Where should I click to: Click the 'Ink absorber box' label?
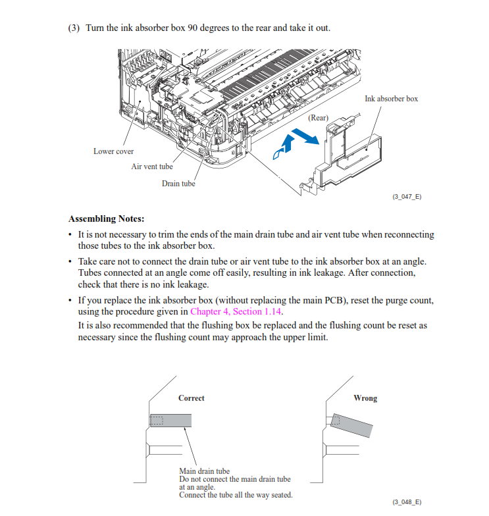coord(391,99)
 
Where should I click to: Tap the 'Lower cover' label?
coord(113,151)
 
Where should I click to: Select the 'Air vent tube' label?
coord(151,167)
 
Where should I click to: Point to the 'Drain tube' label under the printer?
coord(178,184)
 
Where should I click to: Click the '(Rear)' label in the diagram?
coord(318,117)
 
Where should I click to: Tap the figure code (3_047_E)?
coord(407,197)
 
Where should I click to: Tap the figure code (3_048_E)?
coord(407,502)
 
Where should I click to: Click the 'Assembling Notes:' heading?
coord(106,219)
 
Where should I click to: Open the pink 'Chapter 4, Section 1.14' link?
coord(236,311)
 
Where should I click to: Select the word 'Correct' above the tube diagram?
coord(191,398)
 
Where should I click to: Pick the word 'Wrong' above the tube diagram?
coord(365,398)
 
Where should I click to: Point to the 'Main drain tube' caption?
coord(204,471)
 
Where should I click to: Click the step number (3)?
coord(74,28)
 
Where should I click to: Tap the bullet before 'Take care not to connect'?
coord(70,262)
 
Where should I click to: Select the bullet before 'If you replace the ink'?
coord(70,301)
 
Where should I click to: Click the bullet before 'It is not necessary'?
coord(70,235)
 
